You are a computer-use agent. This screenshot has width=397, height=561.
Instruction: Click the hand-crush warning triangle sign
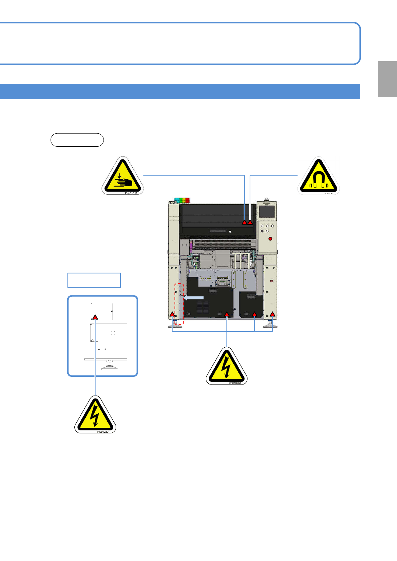click(123, 177)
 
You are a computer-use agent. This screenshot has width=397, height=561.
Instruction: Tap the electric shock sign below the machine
click(226, 367)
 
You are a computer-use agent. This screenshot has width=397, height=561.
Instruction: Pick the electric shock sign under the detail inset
click(95, 416)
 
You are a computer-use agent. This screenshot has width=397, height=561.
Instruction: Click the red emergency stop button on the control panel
click(270, 239)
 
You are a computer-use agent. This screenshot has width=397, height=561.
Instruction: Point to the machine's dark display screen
click(267, 211)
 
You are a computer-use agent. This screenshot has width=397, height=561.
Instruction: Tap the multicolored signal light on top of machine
click(182, 200)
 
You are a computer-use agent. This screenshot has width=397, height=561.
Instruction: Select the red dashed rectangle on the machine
click(179, 303)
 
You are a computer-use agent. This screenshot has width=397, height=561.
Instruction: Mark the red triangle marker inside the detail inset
click(95, 317)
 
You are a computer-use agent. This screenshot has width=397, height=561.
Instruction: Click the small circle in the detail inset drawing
click(113, 333)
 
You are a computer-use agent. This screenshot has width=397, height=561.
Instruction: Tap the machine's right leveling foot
click(270, 325)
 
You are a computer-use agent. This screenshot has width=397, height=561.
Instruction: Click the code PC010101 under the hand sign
click(131, 193)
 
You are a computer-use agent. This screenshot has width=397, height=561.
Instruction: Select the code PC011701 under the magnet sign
click(329, 194)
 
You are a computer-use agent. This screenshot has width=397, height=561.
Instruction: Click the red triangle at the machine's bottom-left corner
click(172, 314)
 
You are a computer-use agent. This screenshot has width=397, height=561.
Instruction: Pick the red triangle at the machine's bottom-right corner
click(273, 314)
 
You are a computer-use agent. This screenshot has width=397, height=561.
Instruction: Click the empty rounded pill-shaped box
click(77, 140)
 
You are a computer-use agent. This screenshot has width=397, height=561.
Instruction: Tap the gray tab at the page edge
click(387, 79)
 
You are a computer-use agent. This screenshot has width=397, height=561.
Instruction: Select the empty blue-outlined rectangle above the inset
click(94, 280)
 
